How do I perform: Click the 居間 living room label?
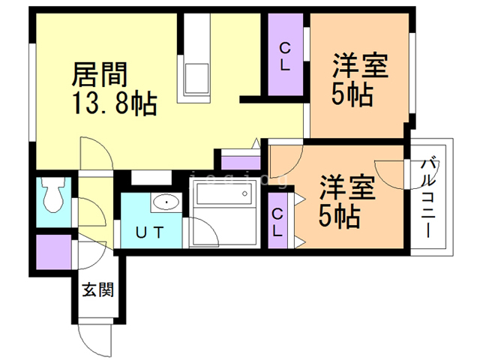click(100, 74)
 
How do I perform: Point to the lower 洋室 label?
click(346, 186)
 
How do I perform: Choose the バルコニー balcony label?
click(429, 196)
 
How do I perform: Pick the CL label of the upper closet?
click(286, 57)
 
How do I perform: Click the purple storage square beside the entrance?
click(52, 254)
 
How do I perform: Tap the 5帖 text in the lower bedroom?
click(339, 216)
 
